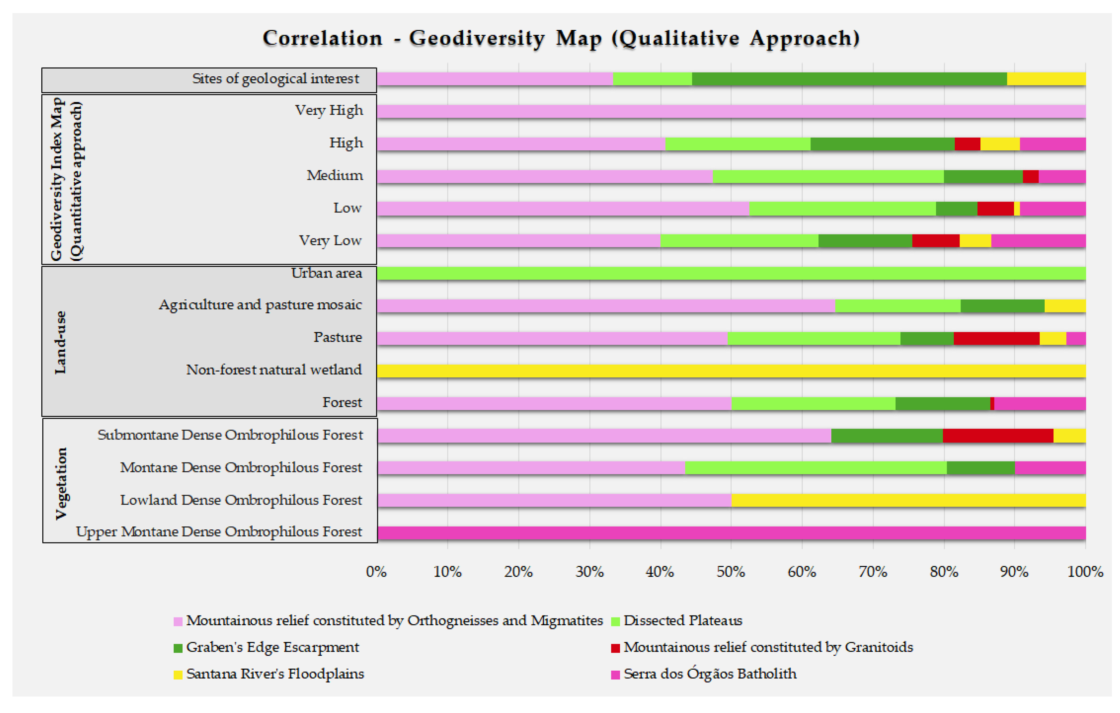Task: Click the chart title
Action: pos(561,38)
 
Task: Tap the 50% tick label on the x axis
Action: pos(731,572)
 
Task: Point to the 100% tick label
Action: pos(1085,572)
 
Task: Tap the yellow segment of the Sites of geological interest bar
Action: pos(1046,79)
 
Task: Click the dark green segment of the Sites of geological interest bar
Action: pos(849,79)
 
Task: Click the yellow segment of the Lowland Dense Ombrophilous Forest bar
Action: pos(908,500)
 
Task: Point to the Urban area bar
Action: pos(731,273)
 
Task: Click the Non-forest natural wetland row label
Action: pos(274,370)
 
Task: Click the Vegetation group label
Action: pos(61,483)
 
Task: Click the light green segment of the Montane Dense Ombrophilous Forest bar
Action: pos(815,468)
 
